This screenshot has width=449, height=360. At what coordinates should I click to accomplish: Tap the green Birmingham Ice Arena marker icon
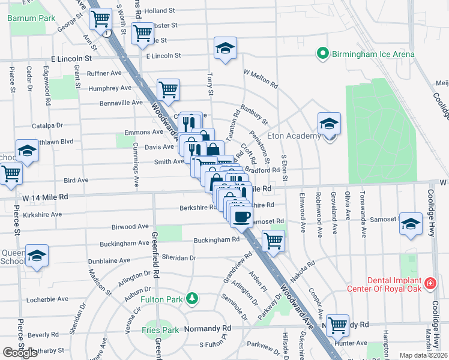pyautogui.click(x=322, y=55)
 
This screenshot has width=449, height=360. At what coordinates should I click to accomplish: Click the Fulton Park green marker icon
pyautogui.click(x=191, y=298)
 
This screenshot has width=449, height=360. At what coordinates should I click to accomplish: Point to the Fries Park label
pyautogui.click(x=160, y=330)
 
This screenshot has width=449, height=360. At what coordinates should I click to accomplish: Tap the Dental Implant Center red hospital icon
pyautogui.click(x=430, y=283)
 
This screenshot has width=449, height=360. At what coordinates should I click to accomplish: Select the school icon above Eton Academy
pyautogui.click(x=329, y=124)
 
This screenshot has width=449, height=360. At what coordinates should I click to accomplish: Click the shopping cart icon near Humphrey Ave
pyautogui.click(x=169, y=90)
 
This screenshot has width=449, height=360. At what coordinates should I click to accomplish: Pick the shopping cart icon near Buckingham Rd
pyautogui.click(x=273, y=241)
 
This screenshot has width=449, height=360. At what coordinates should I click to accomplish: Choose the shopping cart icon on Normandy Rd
pyautogui.click(x=338, y=325)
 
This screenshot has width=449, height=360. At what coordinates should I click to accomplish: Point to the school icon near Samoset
pyautogui.click(x=411, y=224)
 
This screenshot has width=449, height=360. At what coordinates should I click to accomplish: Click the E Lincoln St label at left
pyautogui.click(x=71, y=59)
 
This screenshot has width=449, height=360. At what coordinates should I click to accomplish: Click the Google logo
pyautogui.click(x=20, y=353)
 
